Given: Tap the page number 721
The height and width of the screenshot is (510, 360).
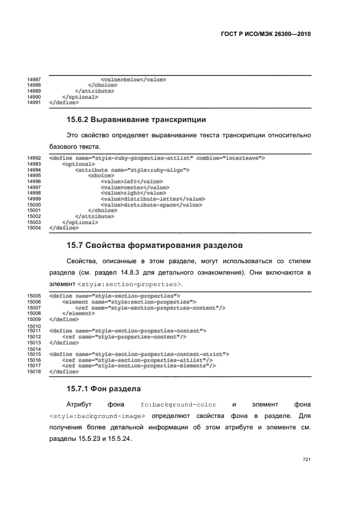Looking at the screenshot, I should pyautogui.click(x=306, y=459).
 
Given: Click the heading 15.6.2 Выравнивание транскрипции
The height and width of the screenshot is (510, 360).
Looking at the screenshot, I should pyautogui.click(x=136, y=119).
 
